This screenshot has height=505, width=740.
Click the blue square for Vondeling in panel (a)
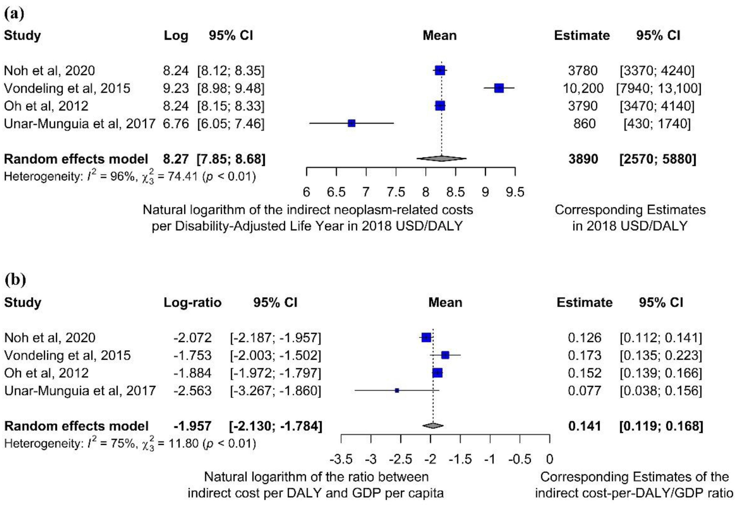(x=499, y=88)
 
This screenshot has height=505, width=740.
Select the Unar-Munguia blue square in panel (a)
(x=352, y=123)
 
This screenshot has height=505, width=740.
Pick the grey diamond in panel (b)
(x=433, y=425)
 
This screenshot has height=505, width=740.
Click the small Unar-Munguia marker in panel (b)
(x=397, y=390)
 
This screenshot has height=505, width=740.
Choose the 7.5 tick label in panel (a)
(x=396, y=192)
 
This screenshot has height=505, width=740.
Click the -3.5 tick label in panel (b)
(x=341, y=459)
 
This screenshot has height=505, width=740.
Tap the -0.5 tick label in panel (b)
(x=520, y=459)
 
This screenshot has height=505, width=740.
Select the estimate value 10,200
(x=583, y=88)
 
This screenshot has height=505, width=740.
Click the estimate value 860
(x=584, y=124)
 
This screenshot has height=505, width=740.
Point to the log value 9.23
(x=176, y=88)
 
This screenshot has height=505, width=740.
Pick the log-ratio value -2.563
(x=192, y=391)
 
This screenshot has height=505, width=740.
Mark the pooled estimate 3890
(x=583, y=159)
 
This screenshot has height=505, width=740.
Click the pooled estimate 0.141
(x=585, y=426)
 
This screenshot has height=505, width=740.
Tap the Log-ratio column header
(x=192, y=302)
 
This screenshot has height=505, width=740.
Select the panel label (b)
(x=15, y=280)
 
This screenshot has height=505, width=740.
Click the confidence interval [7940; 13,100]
(x=659, y=88)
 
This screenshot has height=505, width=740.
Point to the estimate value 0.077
(x=585, y=391)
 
